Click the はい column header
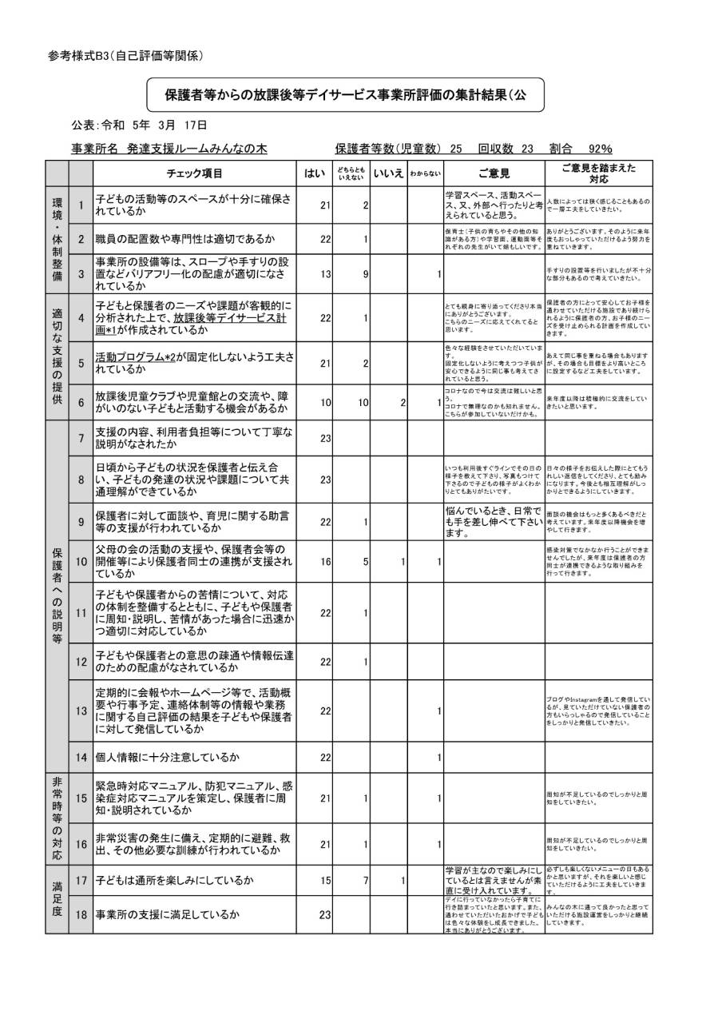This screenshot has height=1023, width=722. (314, 173)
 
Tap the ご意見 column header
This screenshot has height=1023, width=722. (494, 173)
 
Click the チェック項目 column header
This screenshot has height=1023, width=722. (194, 173)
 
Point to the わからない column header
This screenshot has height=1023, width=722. (425, 173)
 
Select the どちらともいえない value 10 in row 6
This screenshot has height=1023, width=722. (362, 403)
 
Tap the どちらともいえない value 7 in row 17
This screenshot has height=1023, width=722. (364, 880)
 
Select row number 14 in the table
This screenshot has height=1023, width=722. (81, 756)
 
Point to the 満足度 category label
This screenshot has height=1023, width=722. (57, 898)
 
